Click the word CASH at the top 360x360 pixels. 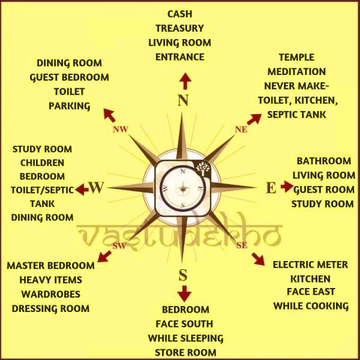pos(179,14)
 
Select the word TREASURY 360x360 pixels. pos(179,28)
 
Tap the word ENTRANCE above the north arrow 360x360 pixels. pos(179,57)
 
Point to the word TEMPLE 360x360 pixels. pos(296,58)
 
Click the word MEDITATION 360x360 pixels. pos(296,72)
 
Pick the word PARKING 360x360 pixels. pos(69,106)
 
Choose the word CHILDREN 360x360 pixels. pos(42,163)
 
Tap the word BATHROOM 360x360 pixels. pos(323,161)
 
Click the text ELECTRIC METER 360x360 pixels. pos(310,265)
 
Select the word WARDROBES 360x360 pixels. pos(50,294)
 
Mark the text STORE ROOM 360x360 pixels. pos(185,352)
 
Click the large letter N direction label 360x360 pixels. pos(184,100)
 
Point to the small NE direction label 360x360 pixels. pos(241,129)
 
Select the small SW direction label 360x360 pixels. pos(119,246)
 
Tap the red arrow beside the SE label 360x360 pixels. pos(258,259)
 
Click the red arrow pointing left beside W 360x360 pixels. pos(82,190)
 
